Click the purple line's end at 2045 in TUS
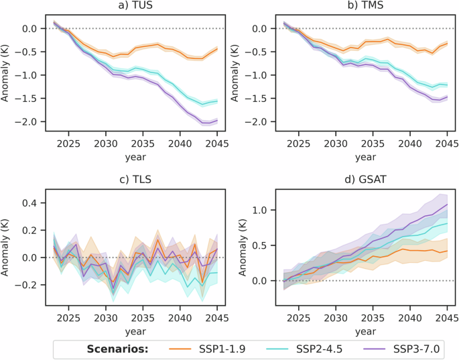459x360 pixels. (216, 120)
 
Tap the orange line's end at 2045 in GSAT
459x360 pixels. (448, 251)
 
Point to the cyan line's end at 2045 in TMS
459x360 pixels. (448, 85)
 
